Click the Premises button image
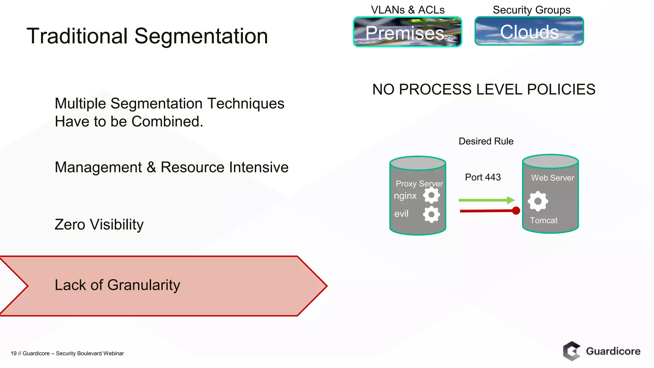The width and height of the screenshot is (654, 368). [x=407, y=32]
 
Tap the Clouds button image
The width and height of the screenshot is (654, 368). [x=529, y=31]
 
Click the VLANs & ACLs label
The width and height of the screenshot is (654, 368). [x=407, y=10]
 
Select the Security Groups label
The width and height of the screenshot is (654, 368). [x=531, y=10]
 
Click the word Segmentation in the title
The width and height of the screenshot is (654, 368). [x=201, y=36]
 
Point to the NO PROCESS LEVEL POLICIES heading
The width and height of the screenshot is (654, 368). [x=483, y=89]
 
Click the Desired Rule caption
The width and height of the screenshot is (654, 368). [x=486, y=141]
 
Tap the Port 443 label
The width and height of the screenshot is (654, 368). [x=483, y=177]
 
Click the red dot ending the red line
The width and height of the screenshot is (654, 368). [x=516, y=211]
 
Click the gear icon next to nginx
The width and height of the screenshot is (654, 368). [x=431, y=195]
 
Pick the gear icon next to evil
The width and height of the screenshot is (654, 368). [x=431, y=214]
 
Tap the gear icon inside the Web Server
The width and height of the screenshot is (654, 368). [x=538, y=201]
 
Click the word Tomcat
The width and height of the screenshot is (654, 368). [x=544, y=220]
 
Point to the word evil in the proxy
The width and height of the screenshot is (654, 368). [x=401, y=214]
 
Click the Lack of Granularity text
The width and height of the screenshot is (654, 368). [x=117, y=285]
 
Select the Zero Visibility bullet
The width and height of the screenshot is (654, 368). [x=99, y=225]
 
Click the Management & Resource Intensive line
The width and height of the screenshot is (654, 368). [x=171, y=167]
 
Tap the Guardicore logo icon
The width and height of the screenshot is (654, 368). [x=572, y=351]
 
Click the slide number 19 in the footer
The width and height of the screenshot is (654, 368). [x=13, y=353]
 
